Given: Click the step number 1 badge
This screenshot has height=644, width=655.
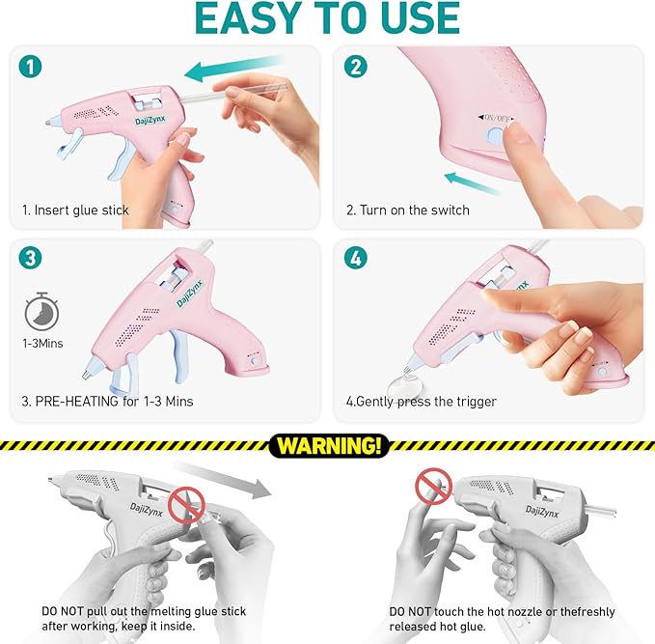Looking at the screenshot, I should tap(28, 68).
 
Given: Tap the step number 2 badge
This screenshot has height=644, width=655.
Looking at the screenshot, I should tap(356, 68).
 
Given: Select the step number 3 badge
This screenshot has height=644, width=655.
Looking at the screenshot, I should tap(28, 260).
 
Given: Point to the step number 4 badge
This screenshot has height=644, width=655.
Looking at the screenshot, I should tap(356, 260).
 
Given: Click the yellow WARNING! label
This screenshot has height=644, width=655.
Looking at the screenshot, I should tap(328, 446).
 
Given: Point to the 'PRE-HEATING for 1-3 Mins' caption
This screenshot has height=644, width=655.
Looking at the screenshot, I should tap(107, 402).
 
